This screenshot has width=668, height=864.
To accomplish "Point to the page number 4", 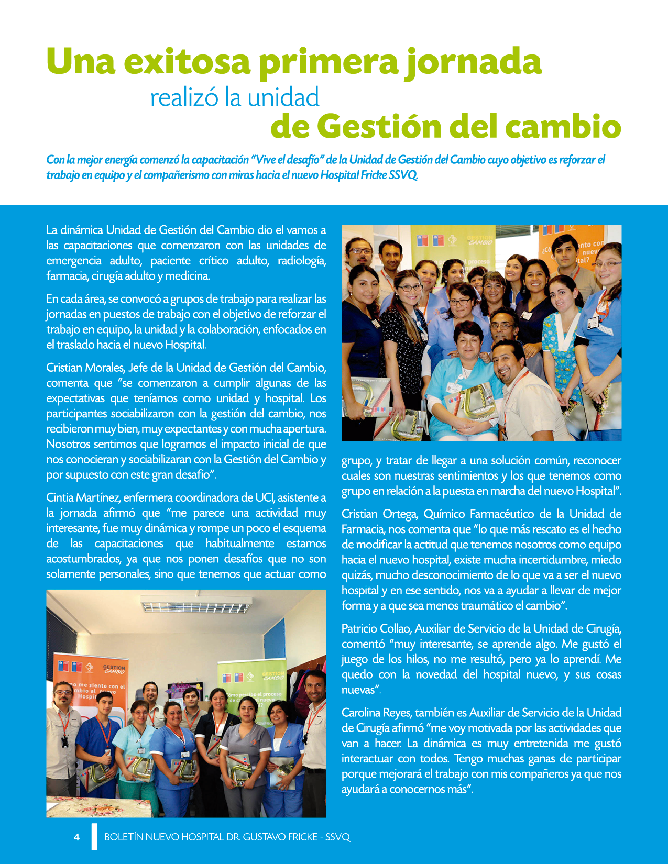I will (x=77, y=837).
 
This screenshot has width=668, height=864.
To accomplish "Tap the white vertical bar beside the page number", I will (x=94, y=836).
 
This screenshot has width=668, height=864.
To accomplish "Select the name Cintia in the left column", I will (x=59, y=497).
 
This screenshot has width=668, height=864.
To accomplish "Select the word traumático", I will (x=505, y=606).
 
